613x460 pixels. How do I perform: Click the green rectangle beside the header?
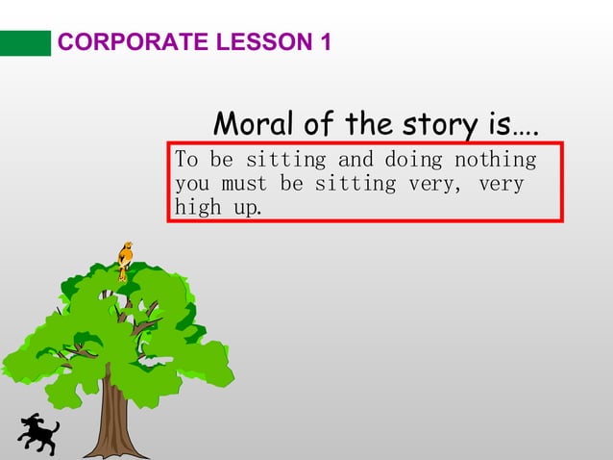pyautogui.click(x=25, y=43)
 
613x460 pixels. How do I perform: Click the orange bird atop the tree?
pyautogui.click(x=124, y=258)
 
